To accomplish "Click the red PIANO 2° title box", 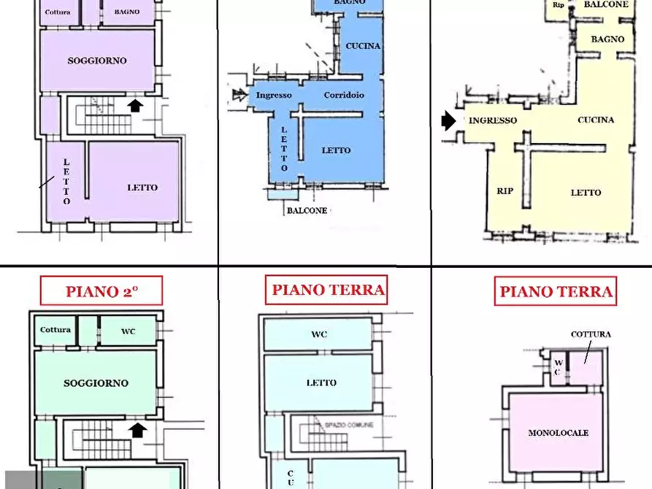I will [101, 291].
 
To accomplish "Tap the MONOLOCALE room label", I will [558, 433].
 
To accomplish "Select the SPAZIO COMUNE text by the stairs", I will [349, 425].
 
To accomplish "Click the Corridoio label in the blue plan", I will [344, 95].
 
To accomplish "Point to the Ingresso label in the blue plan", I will [274, 95].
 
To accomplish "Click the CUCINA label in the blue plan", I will [363, 46].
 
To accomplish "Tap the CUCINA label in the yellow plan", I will [595, 120].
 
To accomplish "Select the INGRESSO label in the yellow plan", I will [493, 120].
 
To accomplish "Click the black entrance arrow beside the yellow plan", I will [448, 121].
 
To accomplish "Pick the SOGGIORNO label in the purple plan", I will [97, 61].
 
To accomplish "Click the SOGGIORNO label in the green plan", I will [96, 383].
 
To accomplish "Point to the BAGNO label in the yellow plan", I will [607, 39].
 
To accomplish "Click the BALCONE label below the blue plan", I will [307, 210].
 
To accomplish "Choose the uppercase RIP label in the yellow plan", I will [505, 191].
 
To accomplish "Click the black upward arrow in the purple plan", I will [135, 106].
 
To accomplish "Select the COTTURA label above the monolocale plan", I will [591, 334].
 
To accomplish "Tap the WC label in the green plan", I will [129, 331].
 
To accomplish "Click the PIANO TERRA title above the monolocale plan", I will [556, 292].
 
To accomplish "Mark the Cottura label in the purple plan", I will [57, 12].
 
